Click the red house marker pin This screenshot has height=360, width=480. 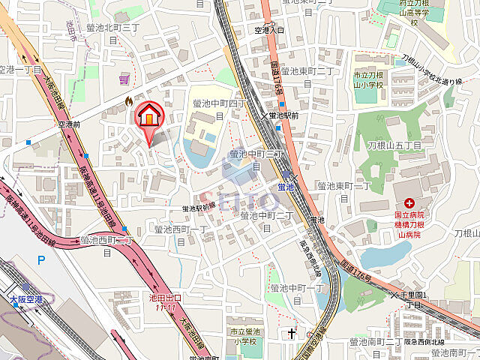pyautogui.click(x=148, y=117)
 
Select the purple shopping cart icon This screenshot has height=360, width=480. pyautogui.click(x=124, y=77)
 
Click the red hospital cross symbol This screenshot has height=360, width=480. pyautogui.click(x=409, y=202)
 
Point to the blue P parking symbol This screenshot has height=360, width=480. pyautogui.click(x=42, y=260)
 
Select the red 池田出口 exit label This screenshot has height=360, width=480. pyautogui.click(x=166, y=298)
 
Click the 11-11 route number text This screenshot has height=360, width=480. pyautogui.click(x=166, y=307)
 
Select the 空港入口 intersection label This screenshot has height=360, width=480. pyautogui.click(x=269, y=31)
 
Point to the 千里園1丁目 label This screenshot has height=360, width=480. pyautogui.click(x=413, y=300)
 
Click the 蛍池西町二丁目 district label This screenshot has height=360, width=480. pyautogui.click(x=106, y=245)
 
